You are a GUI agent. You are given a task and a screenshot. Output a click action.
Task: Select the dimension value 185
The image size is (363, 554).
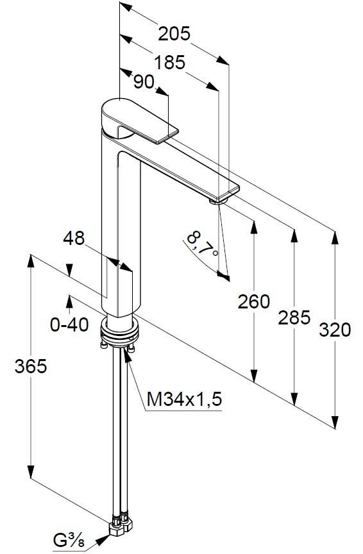[x=169, y=62]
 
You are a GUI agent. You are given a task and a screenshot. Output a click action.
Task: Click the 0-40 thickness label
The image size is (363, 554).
[x=69, y=325]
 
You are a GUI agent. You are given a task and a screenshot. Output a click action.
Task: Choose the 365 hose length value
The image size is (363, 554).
[x=30, y=366]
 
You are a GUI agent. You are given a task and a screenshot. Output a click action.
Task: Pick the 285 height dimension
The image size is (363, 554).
[x=294, y=316]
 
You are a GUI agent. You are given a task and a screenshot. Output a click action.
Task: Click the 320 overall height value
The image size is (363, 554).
[x=334, y=330]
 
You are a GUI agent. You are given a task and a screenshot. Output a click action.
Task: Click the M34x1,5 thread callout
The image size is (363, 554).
[x=184, y=400]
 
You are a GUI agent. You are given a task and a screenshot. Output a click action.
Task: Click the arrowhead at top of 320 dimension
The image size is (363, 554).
[x=334, y=239]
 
